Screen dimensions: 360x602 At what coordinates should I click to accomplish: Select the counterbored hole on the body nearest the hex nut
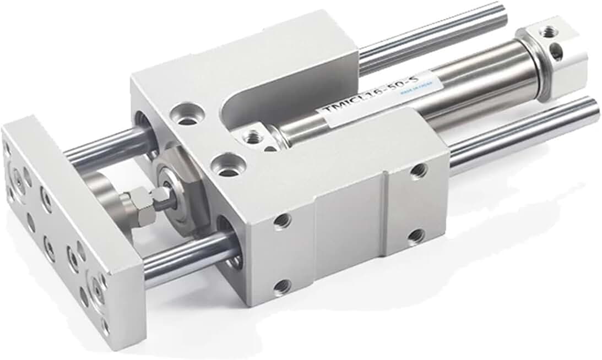(226, 165)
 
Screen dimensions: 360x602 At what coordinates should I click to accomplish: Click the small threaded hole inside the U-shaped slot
(254, 134)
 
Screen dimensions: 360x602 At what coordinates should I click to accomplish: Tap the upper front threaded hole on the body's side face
(282, 221)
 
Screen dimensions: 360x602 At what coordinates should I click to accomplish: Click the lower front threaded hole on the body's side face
(282, 286)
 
